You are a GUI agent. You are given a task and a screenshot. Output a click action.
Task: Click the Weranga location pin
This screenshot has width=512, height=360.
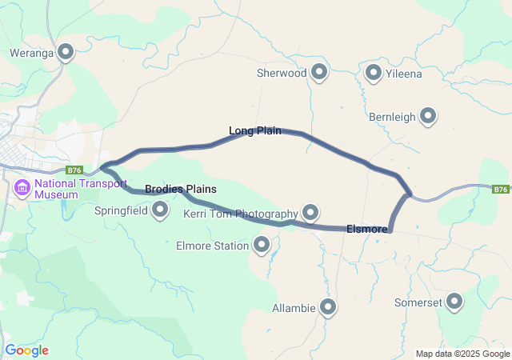[x=66, y=53]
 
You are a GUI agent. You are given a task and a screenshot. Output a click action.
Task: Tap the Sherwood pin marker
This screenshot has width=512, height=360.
[x=320, y=72]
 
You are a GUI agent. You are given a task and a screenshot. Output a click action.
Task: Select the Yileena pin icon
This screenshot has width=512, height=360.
[x=373, y=73]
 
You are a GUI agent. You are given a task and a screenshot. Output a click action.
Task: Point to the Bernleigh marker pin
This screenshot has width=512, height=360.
[x=428, y=116]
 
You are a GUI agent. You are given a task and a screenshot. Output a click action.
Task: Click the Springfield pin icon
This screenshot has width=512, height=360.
[x=160, y=210]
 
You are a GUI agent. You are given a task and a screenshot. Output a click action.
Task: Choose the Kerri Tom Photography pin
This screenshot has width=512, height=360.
[x=310, y=213]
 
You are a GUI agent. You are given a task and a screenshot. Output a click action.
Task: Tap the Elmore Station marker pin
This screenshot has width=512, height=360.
[x=262, y=246]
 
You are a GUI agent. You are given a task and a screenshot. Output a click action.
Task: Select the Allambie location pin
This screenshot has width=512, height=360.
[x=328, y=306]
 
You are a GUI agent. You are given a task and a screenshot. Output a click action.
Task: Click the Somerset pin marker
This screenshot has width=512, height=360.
[x=454, y=302]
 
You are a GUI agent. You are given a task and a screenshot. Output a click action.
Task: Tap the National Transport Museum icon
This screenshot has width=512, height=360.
[x=22, y=189]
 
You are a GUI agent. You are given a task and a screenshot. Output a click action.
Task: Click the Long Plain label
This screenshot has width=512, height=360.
[x=255, y=130]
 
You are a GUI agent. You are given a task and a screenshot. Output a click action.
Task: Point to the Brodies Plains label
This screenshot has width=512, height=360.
[x=181, y=189]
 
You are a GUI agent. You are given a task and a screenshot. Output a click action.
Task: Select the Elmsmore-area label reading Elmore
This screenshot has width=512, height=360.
[x=367, y=229]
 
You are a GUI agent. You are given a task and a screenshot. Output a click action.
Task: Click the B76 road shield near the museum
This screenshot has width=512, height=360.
[x=74, y=170]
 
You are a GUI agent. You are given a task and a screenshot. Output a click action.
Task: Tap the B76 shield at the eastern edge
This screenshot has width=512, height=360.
[x=501, y=189]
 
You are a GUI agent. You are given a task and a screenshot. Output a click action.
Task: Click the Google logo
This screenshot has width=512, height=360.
[x=26, y=350]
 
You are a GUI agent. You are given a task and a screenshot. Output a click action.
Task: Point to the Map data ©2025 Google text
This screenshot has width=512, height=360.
[x=462, y=354]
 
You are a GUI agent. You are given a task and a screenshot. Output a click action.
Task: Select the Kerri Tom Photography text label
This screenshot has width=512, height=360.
[x=240, y=214]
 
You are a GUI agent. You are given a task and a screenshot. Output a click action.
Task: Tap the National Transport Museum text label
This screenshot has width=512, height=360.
[x=80, y=189]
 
